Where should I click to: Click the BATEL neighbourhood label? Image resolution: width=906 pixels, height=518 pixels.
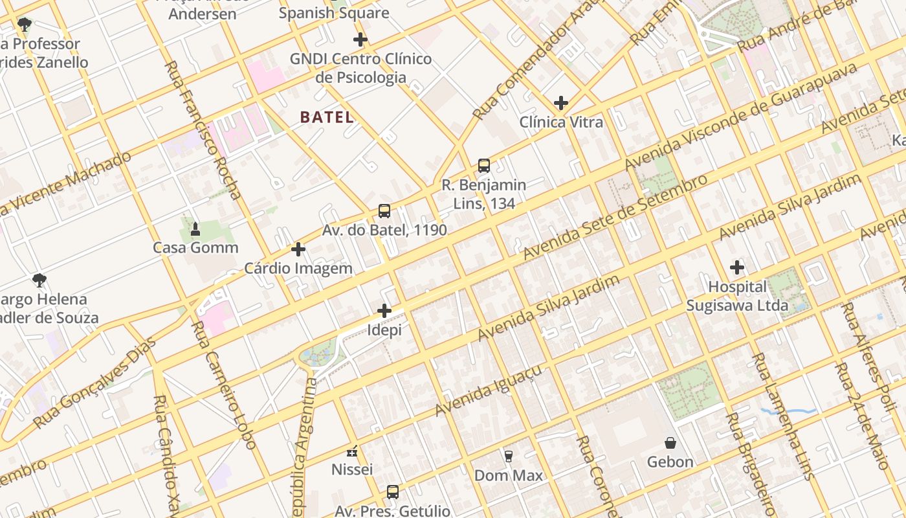(x=327, y=117)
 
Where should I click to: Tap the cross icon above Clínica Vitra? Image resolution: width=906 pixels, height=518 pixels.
(x=561, y=103)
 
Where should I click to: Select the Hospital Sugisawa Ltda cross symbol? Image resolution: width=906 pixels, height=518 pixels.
(x=737, y=267)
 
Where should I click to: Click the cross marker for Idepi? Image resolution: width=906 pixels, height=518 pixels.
(x=384, y=311)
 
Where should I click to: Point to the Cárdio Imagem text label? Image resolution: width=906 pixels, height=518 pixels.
(x=298, y=268)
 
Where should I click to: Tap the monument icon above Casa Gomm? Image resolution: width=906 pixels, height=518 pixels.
(x=195, y=229)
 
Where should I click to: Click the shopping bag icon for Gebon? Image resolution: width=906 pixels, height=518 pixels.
(x=670, y=443)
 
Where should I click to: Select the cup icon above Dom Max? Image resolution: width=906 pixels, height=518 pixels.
(x=509, y=456)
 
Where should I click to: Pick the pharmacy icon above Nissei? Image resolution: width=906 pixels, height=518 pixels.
(x=352, y=451)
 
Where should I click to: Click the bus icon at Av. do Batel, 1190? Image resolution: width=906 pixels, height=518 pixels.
(x=384, y=211)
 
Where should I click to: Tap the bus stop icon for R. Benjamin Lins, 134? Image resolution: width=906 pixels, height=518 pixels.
(x=484, y=166)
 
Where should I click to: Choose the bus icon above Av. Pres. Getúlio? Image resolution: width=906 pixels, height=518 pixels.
(x=392, y=491)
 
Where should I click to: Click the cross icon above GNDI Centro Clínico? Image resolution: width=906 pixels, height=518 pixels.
(x=360, y=39)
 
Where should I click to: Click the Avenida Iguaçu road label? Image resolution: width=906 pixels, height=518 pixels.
(x=488, y=390)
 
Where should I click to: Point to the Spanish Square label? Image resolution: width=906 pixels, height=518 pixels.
(x=334, y=13)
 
